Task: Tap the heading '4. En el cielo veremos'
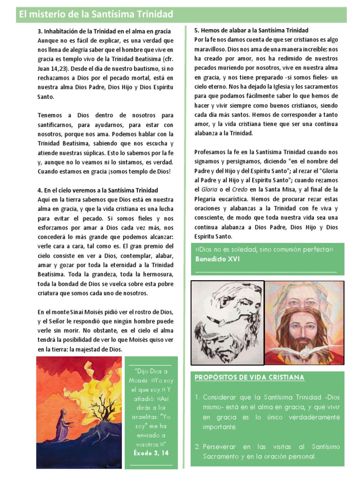click(97, 190)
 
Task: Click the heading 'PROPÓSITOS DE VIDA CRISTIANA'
click(249, 377)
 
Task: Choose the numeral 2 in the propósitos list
click(198, 447)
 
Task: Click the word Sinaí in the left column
click(83, 312)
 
